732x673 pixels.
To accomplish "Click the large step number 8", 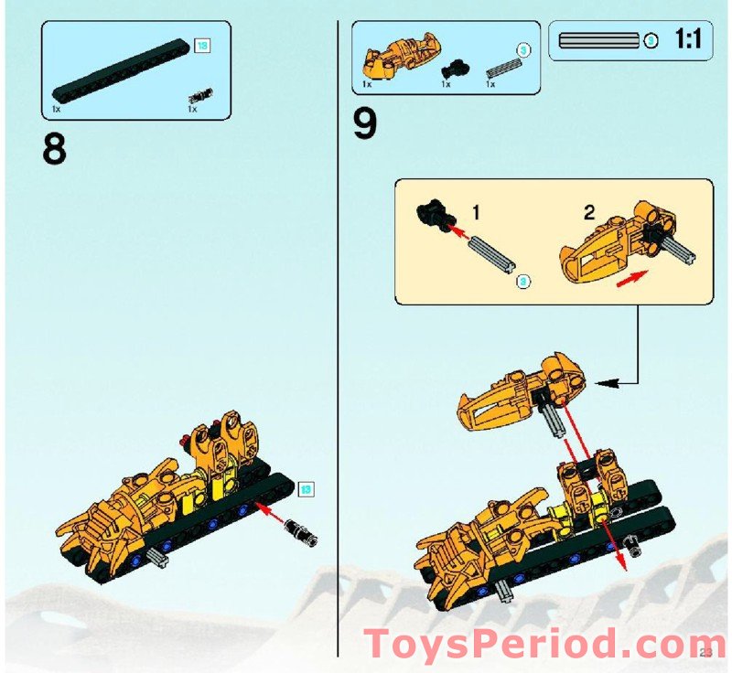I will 54,149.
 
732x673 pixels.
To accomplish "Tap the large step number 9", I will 365,124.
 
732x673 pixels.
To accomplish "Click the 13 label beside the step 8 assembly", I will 306,488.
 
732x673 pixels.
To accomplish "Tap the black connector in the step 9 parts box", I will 452,69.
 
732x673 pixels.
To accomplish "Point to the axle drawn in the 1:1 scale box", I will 598,40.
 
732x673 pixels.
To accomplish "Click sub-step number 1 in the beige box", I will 476,212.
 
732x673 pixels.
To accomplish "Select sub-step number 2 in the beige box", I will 589,212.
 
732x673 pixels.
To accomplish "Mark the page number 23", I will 705,651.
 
